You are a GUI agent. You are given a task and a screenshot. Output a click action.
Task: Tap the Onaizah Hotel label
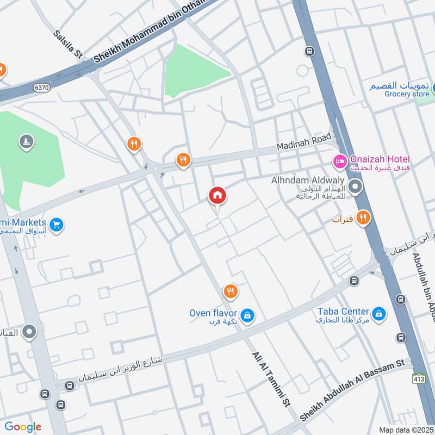380,159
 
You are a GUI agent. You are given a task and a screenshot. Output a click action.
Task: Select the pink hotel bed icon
340,161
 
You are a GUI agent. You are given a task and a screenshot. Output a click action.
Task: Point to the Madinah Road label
303,144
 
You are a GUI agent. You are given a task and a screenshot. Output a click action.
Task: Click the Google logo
22,427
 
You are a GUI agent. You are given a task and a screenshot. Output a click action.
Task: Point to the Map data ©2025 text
406,430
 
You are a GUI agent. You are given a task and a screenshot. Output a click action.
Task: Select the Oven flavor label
213,313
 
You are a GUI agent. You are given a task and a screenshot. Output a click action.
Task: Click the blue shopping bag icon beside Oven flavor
247,315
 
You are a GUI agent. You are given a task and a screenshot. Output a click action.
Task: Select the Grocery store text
407,94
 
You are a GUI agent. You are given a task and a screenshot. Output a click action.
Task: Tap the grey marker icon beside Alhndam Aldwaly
356,188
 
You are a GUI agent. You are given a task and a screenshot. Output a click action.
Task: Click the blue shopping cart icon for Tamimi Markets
55,224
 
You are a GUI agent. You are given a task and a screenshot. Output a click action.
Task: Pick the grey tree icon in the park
26,142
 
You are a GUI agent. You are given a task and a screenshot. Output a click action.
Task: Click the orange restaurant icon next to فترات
363,219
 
